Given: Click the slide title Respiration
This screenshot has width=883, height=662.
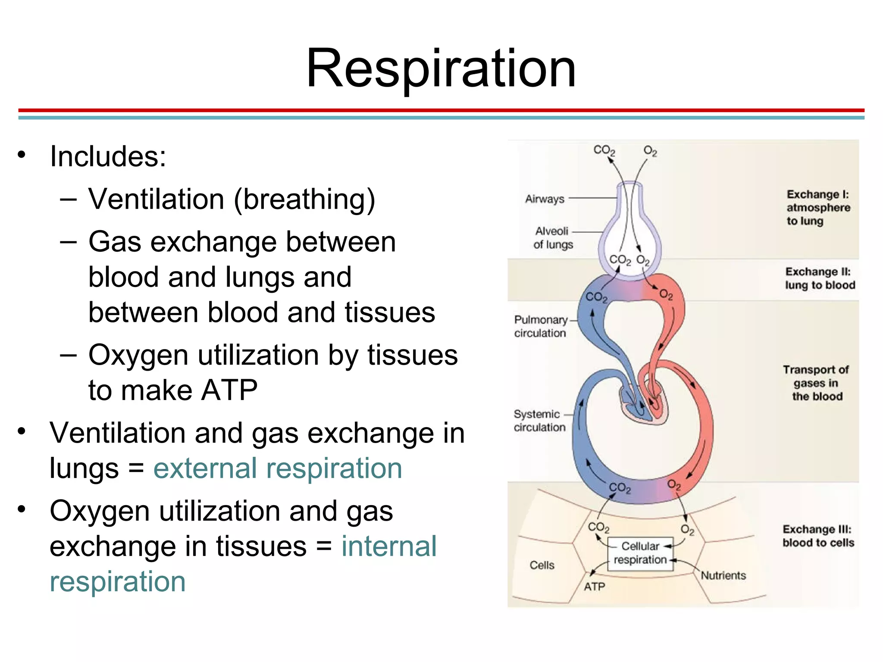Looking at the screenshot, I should pyautogui.click(x=441, y=69).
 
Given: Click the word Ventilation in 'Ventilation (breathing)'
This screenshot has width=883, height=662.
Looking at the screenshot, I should pyautogui.click(x=156, y=200).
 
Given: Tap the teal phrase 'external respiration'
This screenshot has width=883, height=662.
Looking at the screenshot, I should pyautogui.click(x=277, y=469).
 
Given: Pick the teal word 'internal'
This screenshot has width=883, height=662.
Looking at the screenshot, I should pyautogui.click(x=389, y=547).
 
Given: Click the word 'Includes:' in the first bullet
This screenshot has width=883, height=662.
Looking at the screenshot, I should pyautogui.click(x=108, y=156).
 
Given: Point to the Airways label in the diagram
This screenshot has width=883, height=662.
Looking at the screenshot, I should pyautogui.click(x=545, y=199).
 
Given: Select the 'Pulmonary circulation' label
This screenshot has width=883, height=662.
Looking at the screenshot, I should pyautogui.click(x=540, y=326).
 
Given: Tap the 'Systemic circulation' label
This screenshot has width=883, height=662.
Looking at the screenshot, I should pyautogui.click(x=539, y=421).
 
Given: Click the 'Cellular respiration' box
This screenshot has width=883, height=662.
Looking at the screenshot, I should pyautogui.click(x=640, y=554).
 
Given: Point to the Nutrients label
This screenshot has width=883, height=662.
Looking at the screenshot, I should pyautogui.click(x=723, y=575).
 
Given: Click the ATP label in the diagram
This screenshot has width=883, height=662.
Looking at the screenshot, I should pyautogui.click(x=595, y=587).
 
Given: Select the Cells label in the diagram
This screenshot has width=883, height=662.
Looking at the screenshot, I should pyautogui.click(x=542, y=565).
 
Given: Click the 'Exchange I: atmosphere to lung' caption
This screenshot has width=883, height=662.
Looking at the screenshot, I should pyautogui.click(x=817, y=208).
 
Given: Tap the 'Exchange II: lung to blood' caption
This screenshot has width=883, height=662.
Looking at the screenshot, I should pyautogui.click(x=819, y=278).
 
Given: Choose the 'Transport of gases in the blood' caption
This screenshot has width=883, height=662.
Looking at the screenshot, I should pyautogui.click(x=816, y=383).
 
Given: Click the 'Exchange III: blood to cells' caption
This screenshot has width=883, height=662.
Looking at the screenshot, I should pyautogui.click(x=818, y=536).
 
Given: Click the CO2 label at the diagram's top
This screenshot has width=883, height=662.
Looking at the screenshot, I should pyautogui.click(x=604, y=150).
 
